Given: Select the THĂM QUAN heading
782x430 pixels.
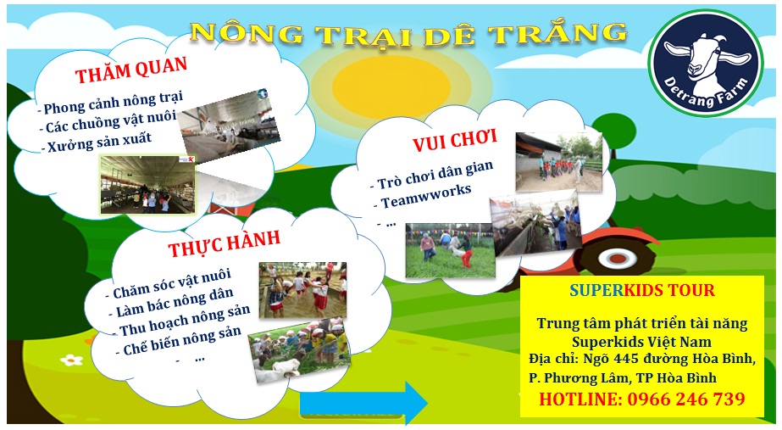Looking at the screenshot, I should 130,74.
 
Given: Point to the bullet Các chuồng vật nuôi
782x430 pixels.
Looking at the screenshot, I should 108,126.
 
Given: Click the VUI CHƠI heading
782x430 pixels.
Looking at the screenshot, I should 454,138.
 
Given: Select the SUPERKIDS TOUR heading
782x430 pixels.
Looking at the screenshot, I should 641,291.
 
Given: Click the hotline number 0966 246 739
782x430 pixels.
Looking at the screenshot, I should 642,399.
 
